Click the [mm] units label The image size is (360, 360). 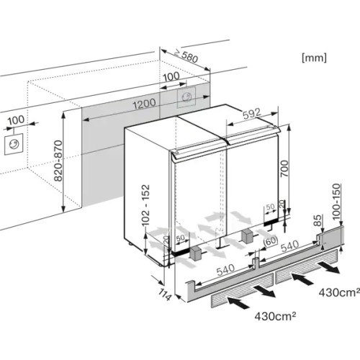pos(315,55)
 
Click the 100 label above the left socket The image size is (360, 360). pos(16,120)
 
